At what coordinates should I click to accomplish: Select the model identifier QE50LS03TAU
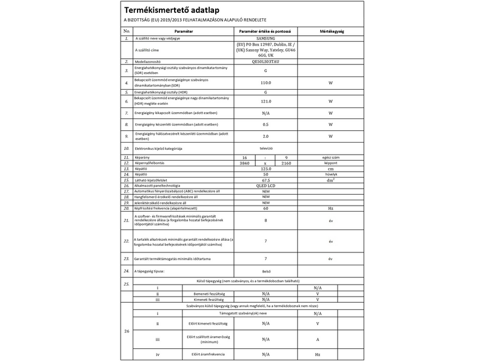point(265,62)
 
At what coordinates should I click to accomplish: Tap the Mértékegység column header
point(332,30)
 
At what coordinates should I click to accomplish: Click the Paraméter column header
point(183,30)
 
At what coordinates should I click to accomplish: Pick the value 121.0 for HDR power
point(265,102)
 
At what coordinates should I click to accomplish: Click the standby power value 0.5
point(265,124)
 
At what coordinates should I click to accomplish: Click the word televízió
point(265,147)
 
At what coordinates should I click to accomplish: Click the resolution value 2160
point(286,163)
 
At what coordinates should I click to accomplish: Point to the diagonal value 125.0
point(265,169)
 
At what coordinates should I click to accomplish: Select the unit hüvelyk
point(332,175)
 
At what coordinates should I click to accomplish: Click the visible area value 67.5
point(265,180)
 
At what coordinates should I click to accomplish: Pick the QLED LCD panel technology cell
point(265,186)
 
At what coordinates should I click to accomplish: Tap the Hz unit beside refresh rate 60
point(332,207)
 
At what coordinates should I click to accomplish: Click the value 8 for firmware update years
point(265,221)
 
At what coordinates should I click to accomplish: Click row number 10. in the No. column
point(126,147)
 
